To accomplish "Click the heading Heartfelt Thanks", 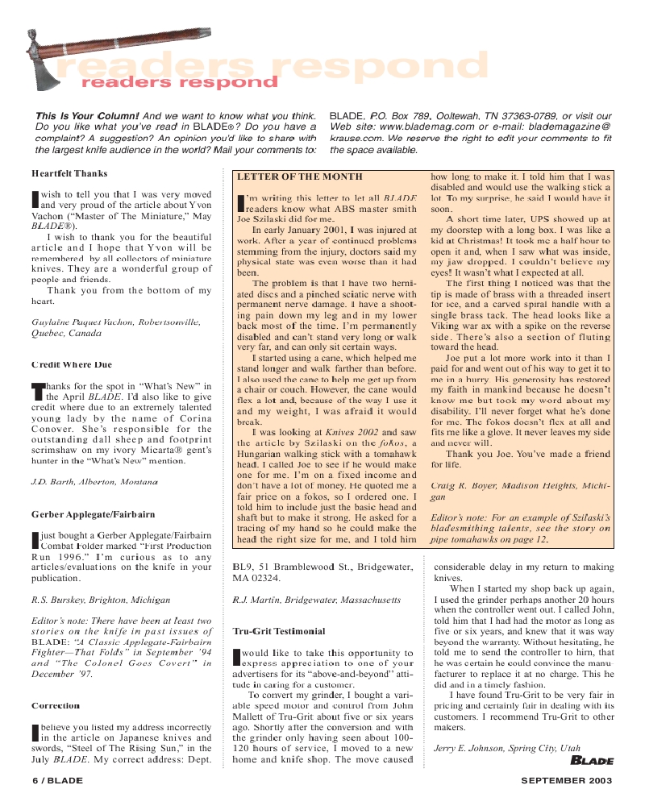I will pyautogui.click(x=69, y=173).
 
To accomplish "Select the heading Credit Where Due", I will pyautogui.click(x=72, y=365).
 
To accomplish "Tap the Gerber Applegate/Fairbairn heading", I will pyautogui.click(x=93, y=514).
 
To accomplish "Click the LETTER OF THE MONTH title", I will pyautogui.click(x=300, y=176).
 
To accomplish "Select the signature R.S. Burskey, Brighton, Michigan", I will pyautogui.click(x=101, y=600).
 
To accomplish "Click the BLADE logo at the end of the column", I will pyautogui.click(x=592, y=759).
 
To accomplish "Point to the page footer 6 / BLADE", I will pyautogui.click(x=57, y=780).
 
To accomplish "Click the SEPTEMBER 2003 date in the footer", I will pyautogui.click(x=567, y=780).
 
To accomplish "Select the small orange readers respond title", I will pyautogui.click(x=178, y=82).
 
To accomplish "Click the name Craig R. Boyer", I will pyautogui.click(x=463, y=486).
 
